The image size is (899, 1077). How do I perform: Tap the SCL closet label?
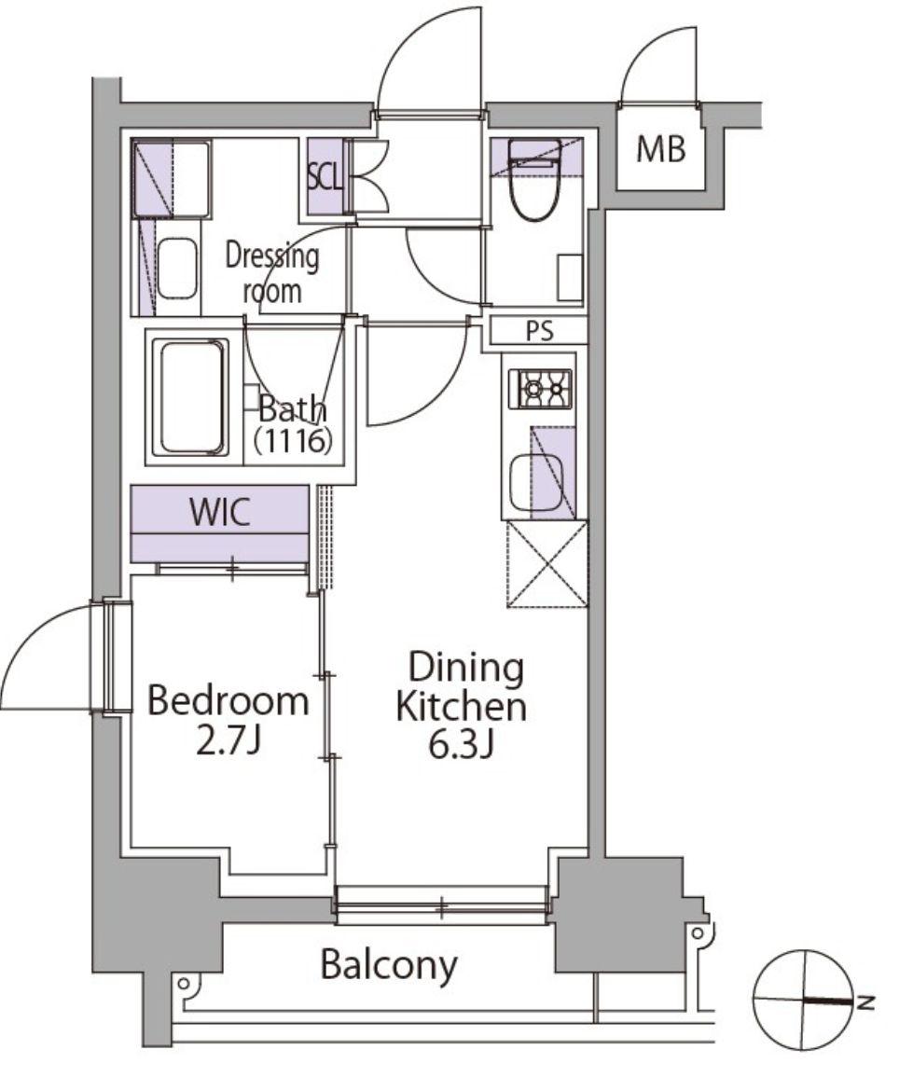[x=325, y=176]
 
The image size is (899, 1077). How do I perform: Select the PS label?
[x=539, y=332]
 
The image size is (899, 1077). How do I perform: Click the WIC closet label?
[x=219, y=512]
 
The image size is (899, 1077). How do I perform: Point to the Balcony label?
[x=389, y=965]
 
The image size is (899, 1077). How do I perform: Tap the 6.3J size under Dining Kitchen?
[x=461, y=745]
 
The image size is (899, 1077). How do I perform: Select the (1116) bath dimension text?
[x=294, y=440]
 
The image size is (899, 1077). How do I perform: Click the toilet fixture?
[x=532, y=180]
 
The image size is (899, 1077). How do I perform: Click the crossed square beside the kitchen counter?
[x=547, y=564]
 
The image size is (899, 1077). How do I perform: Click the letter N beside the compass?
[x=865, y=1002]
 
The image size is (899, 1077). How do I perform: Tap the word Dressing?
[x=272, y=257]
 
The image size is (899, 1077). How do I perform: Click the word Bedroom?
[x=228, y=701]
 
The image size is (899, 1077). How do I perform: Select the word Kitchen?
[x=462, y=707]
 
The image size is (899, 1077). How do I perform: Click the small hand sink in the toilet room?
[x=570, y=278]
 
